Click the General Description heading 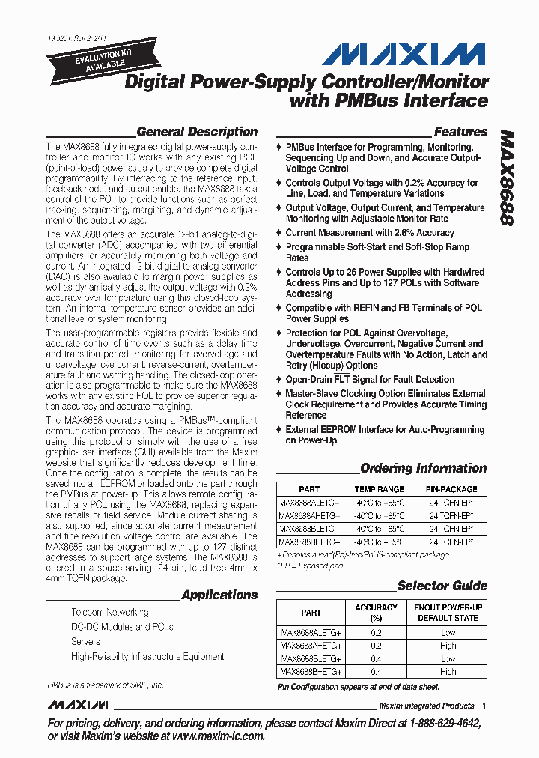pos(197,131)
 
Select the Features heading pos(460,131)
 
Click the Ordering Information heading pos(423,468)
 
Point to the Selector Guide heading pos(442,586)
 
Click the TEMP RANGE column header pos(380,489)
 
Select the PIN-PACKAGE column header pos(451,489)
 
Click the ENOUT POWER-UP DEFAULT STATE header pos(448,613)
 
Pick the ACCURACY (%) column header pos(376,613)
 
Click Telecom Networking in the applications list pos(109,613)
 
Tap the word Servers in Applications pos(85,642)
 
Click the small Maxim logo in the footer pos(78,706)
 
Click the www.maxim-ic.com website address pos(218,736)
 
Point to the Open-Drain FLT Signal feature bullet pos(369,379)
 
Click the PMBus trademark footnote pos(105,685)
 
